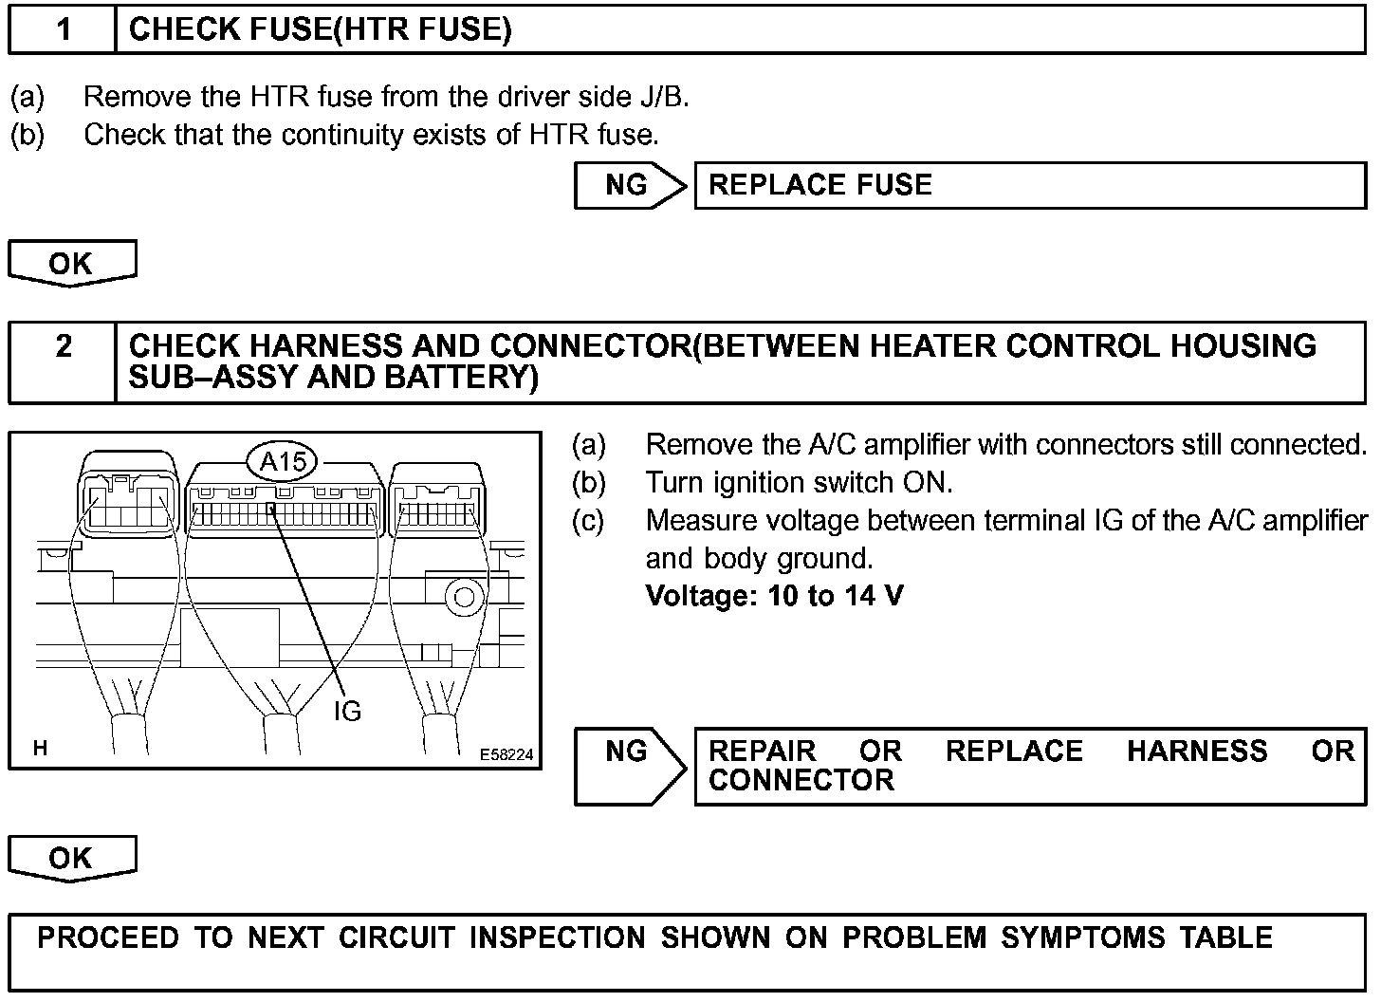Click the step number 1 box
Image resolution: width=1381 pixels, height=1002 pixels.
[63, 30]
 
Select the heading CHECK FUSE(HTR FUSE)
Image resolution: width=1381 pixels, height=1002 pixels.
[320, 30]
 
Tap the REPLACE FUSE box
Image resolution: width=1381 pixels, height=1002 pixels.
[1029, 185]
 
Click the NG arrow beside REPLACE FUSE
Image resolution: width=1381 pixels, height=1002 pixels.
[629, 185]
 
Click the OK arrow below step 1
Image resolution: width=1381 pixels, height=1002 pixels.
[72, 263]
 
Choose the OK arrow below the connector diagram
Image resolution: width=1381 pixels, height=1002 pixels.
[72, 858]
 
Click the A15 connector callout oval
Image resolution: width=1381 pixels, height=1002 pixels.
[284, 462]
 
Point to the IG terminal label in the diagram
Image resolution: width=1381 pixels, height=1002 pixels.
[347, 711]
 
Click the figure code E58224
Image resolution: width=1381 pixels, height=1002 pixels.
[506, 755]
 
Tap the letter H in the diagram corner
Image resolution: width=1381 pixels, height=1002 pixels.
[40, 749]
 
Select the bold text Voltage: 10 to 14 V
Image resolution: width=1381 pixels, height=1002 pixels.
[774, 596]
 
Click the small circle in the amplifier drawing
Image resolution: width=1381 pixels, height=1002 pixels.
[465, 598]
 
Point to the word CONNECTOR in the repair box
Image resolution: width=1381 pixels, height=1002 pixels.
[801, 781]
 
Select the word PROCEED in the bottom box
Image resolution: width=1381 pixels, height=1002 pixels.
[107, 937]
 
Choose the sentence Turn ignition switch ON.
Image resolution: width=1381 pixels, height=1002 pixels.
[799, 483]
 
